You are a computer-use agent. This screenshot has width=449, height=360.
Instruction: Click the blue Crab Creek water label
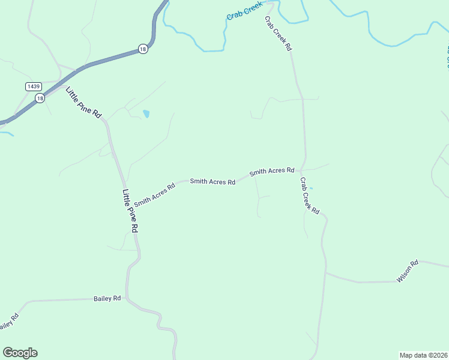244,11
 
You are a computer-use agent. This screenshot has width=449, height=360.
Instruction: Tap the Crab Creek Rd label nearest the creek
278,34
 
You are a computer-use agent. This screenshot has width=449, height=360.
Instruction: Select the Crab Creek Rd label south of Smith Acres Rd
310,196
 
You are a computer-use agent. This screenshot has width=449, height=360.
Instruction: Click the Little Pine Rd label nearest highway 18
84,103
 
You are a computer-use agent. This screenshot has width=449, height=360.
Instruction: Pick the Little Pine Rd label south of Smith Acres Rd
130,211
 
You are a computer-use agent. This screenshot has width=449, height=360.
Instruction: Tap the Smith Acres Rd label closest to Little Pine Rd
154,194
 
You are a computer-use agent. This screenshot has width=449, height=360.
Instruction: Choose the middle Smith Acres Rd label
212,181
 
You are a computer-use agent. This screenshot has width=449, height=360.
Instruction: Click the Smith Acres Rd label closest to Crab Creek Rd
272,171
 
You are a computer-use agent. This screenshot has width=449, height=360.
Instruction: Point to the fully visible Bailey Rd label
107,298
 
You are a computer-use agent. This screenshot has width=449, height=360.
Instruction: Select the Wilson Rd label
407,271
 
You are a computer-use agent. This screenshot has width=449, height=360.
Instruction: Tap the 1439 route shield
34,86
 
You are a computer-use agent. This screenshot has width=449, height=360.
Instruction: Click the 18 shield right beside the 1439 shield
40,98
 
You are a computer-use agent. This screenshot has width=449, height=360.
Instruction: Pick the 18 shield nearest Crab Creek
142,50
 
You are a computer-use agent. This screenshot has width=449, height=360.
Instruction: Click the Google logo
20,353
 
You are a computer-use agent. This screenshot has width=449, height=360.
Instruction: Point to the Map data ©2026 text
423,355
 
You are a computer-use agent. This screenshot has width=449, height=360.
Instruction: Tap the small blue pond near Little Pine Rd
146,113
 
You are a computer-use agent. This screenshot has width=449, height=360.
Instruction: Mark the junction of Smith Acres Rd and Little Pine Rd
125,187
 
